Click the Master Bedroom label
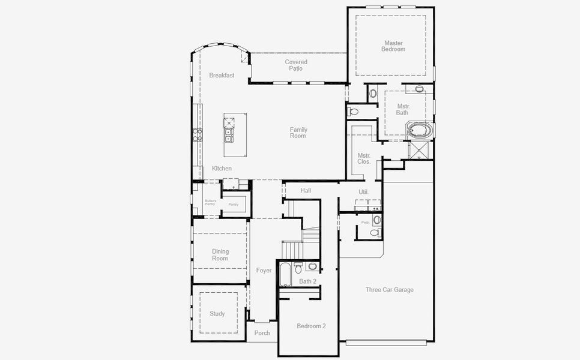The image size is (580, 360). click(393, 46)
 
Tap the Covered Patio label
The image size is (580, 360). click(296, 65)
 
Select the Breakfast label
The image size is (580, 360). click(222, 76)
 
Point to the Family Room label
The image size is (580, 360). click(298, 133)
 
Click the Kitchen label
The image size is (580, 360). click(222, 169)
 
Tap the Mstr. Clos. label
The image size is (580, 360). click(364, 159)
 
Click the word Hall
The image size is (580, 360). click(306, 191)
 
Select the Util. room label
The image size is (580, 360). click(363, 192)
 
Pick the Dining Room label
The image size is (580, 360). click(220, 255)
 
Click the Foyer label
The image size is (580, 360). click(264, 271)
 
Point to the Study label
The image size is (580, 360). click(217, 314)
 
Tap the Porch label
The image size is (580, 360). click(262, 333)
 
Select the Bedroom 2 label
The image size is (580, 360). click(312, 326)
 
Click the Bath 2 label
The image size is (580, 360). click(308, 281)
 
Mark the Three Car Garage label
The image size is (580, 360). click(390, 290)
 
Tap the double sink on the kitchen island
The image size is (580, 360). click(229, 136)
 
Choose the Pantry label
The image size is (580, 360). click(234, 205)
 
